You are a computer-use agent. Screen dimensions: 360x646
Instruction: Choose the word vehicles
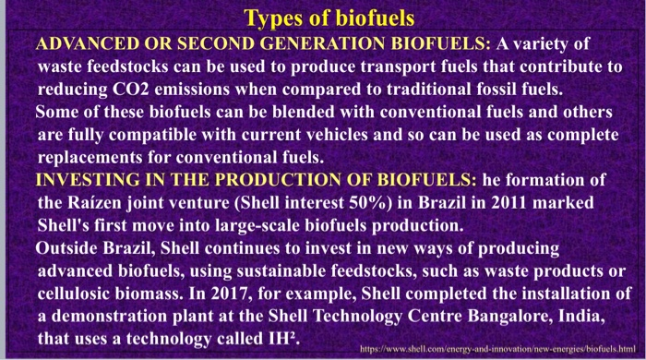point(352,133)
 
